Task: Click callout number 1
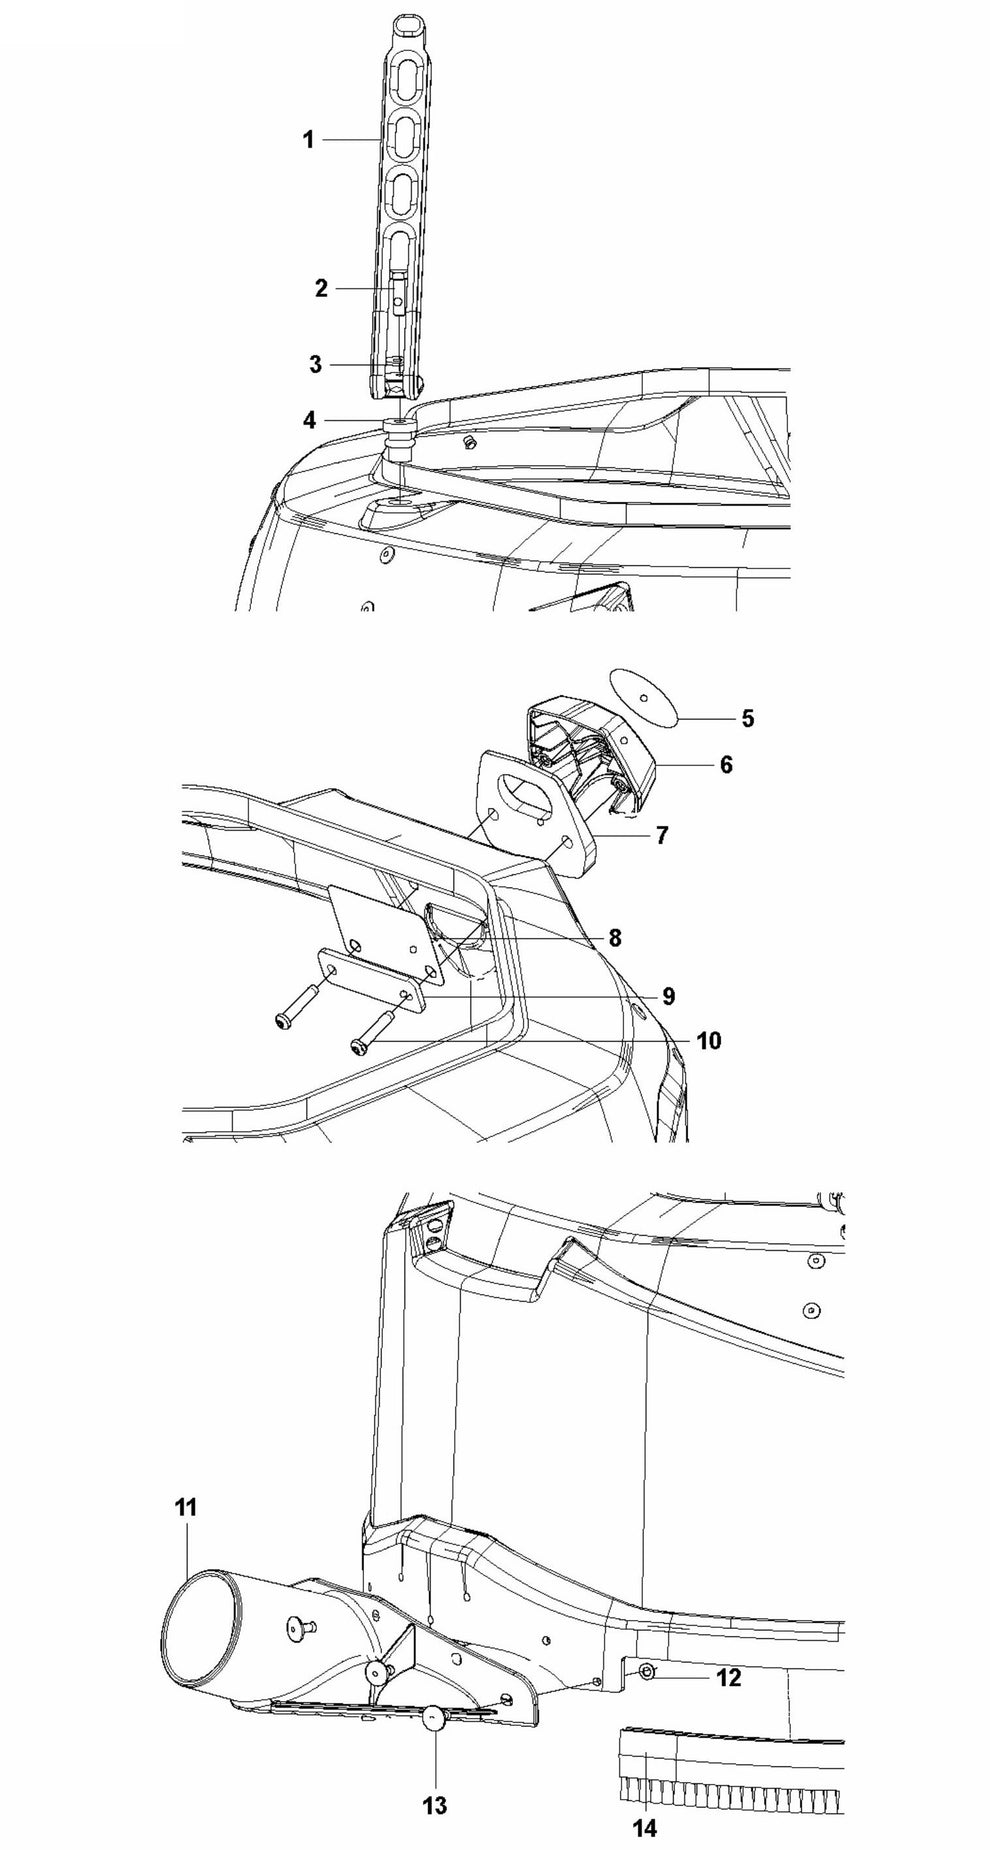[x=309, y=140]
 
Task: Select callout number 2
[x=321, y=288]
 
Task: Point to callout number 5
[x=748, y=718]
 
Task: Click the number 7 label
[x=662, y=834]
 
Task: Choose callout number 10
[x=709, y=1041]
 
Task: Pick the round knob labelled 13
[x=434, y=1718]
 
